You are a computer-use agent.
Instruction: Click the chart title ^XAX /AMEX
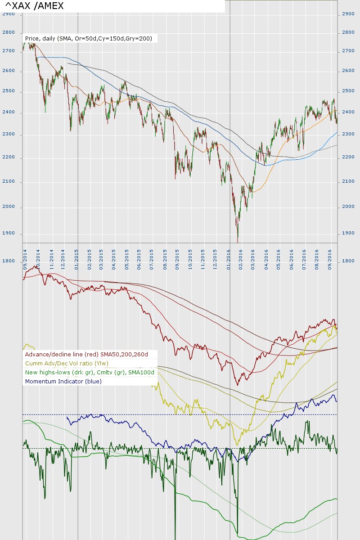34,6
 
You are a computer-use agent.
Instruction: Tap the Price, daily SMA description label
89,39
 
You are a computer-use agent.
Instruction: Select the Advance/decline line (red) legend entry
86,355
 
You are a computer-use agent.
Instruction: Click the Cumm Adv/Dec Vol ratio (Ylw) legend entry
67,363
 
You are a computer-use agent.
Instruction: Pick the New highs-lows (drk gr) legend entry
90,372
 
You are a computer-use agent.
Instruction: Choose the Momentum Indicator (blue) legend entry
63,381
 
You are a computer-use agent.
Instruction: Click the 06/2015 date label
139,259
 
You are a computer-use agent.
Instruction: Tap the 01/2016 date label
229,259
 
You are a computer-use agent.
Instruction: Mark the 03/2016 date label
253,259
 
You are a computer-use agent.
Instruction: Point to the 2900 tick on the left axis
9,14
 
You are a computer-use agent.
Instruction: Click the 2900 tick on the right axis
348,14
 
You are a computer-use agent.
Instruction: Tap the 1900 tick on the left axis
9,234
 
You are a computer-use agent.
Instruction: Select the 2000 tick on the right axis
348,207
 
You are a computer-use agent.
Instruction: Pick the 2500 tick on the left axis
9,91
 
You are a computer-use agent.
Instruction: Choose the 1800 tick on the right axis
348,261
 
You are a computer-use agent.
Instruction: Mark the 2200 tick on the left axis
9,157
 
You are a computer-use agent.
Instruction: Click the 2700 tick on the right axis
348,51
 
